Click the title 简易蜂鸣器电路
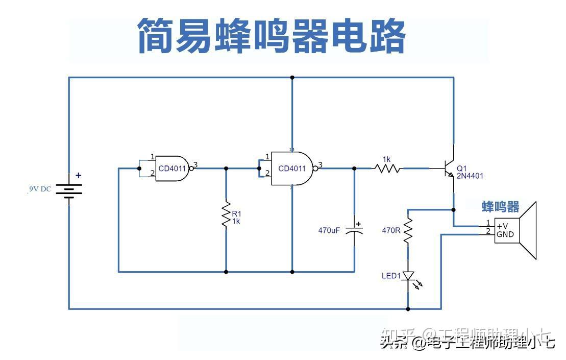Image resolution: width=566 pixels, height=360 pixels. (272, 36)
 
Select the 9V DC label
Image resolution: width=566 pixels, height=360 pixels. (40, 189)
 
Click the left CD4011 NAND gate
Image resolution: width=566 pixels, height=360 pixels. (173, 167)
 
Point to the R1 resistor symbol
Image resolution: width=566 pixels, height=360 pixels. (226, 216)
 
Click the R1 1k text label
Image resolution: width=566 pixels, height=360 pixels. (236, 218)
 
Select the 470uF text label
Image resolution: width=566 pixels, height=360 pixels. (329, 230)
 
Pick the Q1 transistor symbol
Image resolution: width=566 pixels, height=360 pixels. (449, 167)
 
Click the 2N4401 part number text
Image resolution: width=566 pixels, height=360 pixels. (470, 176)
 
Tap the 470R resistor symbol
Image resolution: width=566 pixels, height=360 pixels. (408, 231)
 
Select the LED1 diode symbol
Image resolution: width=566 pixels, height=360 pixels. (408, 276)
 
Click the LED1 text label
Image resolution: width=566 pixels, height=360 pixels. (391, 276)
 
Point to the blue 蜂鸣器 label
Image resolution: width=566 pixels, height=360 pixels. (501, 207)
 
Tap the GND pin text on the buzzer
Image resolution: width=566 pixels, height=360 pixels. (505, 235)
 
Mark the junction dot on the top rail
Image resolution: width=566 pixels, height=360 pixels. (292, 78)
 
